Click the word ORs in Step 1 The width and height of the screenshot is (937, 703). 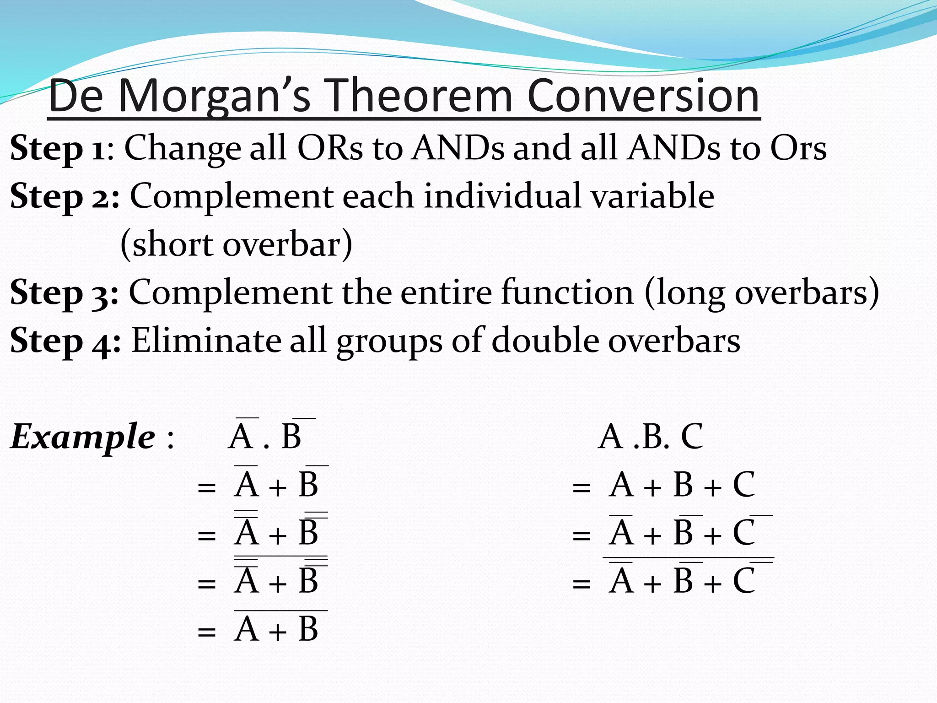(329, 148)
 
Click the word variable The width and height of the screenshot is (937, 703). (652, 196)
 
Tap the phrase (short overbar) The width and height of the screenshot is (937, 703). (236, 244)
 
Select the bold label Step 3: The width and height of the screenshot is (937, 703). (65, 293)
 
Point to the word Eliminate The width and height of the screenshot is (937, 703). (205, 341)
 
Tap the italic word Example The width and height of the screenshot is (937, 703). (82, 437)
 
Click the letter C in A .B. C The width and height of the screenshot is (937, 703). (692, 437)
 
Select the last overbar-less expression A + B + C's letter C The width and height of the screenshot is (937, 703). (743, 485)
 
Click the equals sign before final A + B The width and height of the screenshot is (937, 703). (206, 632)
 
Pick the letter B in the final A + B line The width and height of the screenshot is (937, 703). (308, 629)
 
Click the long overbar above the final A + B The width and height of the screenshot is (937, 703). (281, 611)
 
